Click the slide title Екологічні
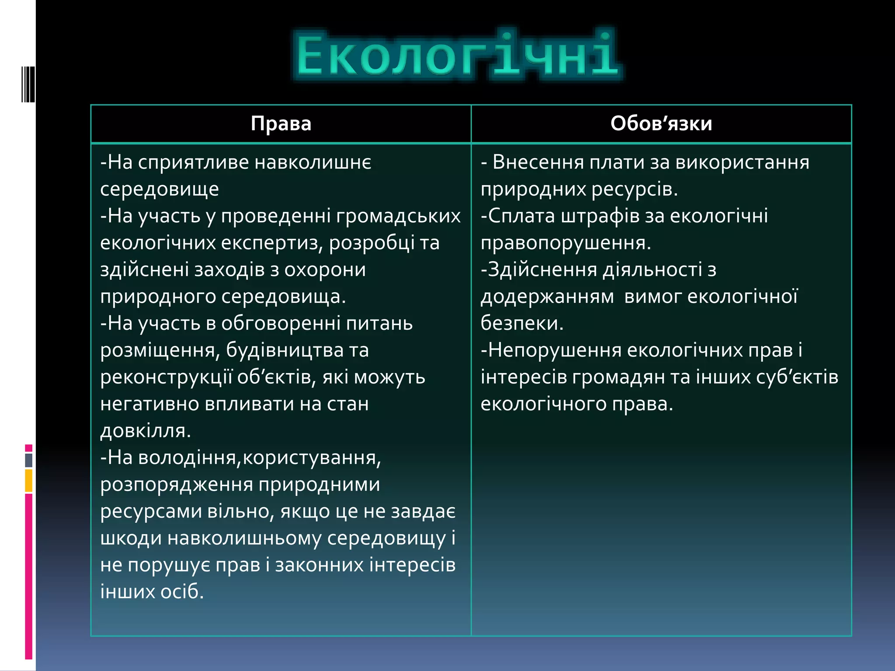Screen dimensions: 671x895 pos(457,55)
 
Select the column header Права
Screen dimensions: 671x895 pos(281,124)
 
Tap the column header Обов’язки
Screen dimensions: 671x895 pos(661,124)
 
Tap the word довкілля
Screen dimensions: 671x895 pos(145,431)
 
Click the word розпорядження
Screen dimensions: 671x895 pos(176,485)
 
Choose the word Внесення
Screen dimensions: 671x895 pos(538,163)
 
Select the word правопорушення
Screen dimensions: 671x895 pos(565,243)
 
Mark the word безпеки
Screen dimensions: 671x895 pos(522,324)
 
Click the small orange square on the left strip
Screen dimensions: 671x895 pos(29,481)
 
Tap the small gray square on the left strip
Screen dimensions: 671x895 pos(29,460)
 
